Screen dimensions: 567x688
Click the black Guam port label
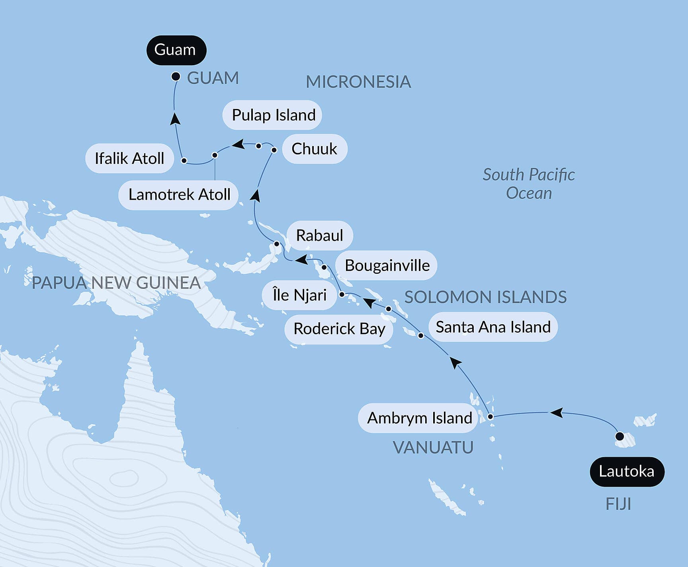[x=176, y=50]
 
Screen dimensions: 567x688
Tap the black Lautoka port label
[x=627, y=472]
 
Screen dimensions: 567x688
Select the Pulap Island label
[x=273, y=115]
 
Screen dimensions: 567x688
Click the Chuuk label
[x=314, y=149]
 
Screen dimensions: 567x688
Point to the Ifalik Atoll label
[x=129, y=158]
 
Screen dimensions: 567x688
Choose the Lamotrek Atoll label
[x=179, y=195]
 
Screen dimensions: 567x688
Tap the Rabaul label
[x=319, y=235]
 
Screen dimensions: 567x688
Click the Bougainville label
[x=387, y=265]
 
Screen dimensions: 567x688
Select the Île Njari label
[x=299, y=295]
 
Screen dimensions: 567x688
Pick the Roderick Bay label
[x=339, y=329]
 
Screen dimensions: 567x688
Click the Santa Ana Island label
[x=493, y=327]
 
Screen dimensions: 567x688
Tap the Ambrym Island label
[x=419, y=418]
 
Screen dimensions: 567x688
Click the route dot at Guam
[x=176, y=76]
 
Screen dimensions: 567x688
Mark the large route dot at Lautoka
[x=620, y=436]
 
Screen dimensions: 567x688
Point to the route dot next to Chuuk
[x=274, y=150]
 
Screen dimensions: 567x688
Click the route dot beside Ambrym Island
[x=491, y=417]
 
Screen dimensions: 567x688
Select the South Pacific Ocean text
[x=528, y=184]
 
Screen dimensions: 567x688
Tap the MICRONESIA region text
[x=358, y=82]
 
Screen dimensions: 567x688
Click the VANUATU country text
[x=433, y=448]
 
